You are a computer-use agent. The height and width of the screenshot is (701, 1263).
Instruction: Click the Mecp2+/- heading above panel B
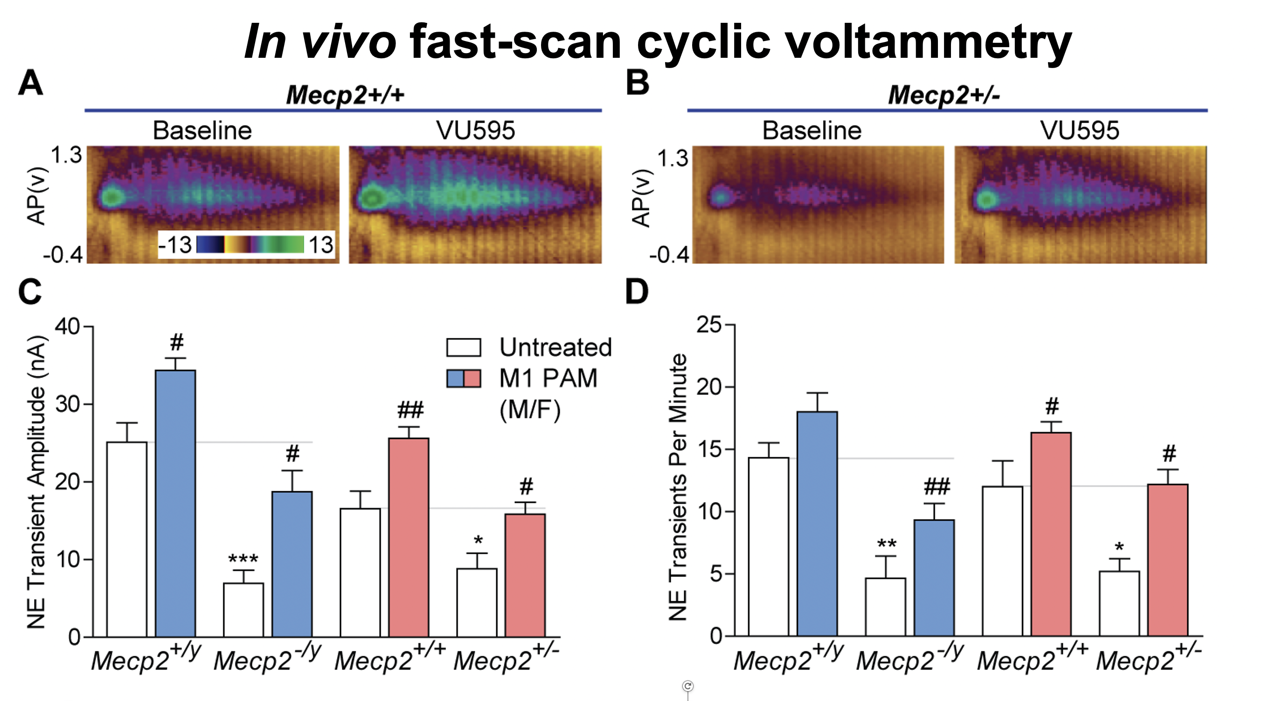click(944, 95)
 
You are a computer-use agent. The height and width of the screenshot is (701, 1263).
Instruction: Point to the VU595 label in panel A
click(475, 131)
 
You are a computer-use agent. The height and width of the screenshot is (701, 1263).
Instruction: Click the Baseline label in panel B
click(812, 131)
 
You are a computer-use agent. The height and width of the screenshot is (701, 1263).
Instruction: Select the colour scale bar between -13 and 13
click(250, 244)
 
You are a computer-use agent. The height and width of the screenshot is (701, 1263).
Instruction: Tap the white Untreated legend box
click(463, 347)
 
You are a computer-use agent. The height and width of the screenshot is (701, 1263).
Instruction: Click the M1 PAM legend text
click(548, 378)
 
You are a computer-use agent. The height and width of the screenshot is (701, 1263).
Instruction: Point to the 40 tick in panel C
click(67, 326)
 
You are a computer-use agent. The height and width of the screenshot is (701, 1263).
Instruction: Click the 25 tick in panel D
click(709, 324)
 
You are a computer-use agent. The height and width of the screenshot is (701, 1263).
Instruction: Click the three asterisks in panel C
click(243, 559)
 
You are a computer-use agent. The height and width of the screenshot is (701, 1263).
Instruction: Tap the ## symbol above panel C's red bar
click(410, 410)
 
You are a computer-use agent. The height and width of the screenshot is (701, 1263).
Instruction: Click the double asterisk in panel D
click(887, 544)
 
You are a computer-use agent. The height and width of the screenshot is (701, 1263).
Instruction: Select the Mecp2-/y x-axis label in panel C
click(267, 660)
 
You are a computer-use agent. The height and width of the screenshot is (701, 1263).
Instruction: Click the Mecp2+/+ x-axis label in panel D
click(1032, 660)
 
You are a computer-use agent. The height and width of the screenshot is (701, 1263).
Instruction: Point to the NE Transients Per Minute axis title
click(678, 487)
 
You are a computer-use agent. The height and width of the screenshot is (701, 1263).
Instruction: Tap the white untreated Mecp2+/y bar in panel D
click(768, 547)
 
